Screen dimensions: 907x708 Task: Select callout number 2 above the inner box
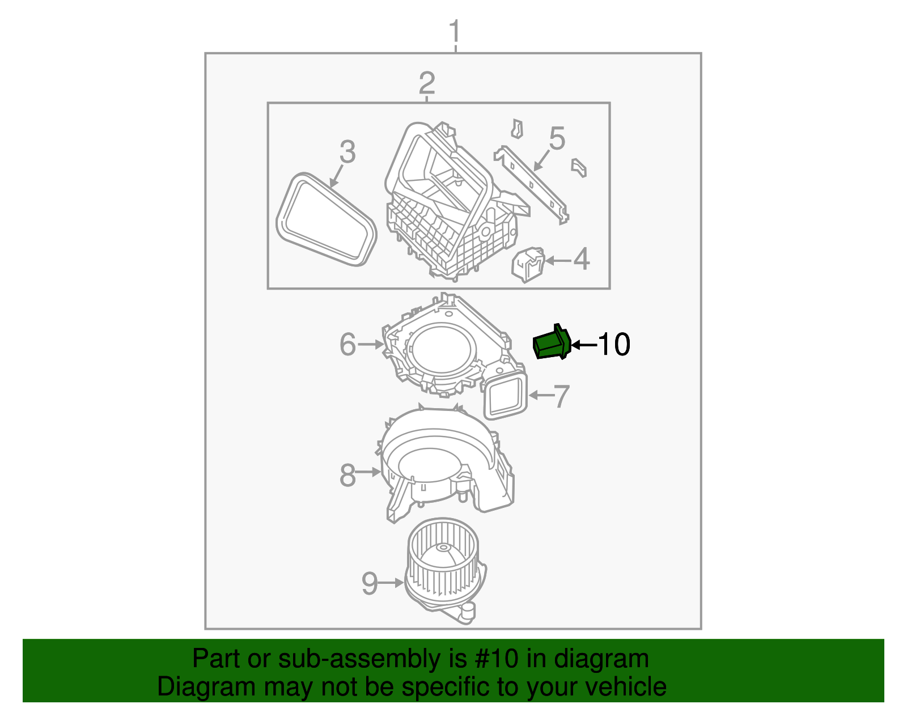427,83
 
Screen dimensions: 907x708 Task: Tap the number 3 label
347,152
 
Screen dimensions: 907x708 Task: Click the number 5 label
557,139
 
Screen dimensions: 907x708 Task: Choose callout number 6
347,344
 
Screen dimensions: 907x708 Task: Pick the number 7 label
561,396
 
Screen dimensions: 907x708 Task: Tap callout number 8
347,475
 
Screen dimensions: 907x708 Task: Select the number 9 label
370,583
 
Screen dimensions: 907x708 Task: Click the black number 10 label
614,344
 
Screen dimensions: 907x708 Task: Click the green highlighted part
551,344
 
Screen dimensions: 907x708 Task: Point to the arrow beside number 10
584,344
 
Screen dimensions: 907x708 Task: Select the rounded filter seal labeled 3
327,220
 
